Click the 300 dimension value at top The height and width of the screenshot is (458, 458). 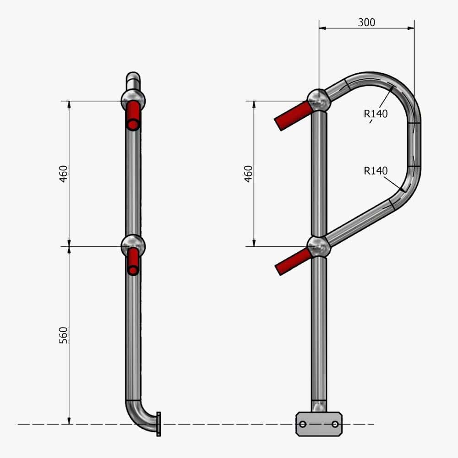[366, 22]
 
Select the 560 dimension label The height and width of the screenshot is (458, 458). [63, 335]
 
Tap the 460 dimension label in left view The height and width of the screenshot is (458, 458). [63, 174]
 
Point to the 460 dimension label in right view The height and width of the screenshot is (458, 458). [248, 174]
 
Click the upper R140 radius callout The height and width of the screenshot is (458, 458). [376, 114]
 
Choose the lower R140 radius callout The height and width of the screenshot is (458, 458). [376, 170]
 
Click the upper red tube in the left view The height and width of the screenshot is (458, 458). [133, 116]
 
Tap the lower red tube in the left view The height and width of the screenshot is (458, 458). [133, 262]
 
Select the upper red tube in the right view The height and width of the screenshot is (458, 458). [293, 116]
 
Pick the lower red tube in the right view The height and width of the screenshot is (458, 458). [294, 262]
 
